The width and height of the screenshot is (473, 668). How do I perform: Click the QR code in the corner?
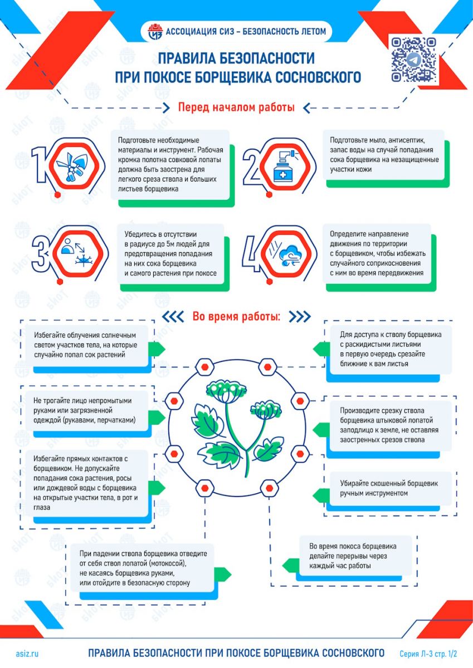click(x=413, y=60)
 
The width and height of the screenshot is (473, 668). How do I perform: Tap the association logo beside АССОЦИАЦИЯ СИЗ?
click(x=155, y=31)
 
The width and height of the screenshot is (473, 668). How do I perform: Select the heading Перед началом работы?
click(x=236, y=107)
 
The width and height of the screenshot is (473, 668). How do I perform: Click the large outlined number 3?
click(x=41, y=253)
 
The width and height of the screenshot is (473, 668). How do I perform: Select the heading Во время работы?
click(x=236, y=316)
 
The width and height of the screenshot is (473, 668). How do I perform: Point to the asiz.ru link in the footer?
click(x=27, y=654)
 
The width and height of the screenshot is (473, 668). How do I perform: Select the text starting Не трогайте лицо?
click(x=85, y=410)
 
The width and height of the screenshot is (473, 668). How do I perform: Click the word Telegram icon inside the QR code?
click(x=413, y=60)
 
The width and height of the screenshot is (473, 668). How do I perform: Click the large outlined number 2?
click(x=253, y=166)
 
